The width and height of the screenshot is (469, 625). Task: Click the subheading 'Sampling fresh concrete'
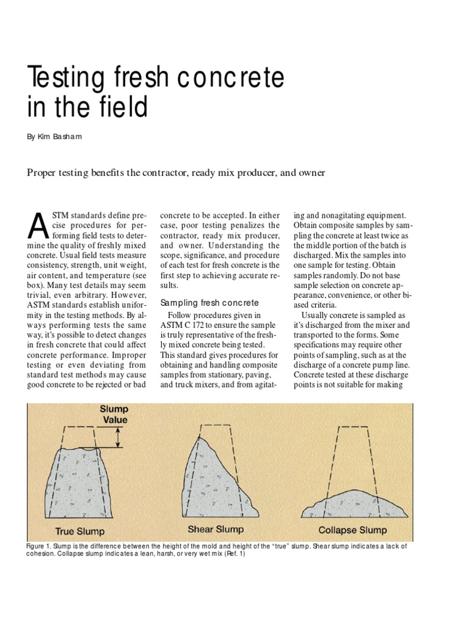tap(209, 303)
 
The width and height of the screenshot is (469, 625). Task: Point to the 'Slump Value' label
tap(114, 416)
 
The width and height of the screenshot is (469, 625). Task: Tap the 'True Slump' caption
tap(80, 531)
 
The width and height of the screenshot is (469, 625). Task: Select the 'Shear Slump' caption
tap(216, 529)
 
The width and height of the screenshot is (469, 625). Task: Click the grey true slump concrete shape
tap(85, 482)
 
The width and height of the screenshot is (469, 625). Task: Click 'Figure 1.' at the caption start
tap(40, 546)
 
